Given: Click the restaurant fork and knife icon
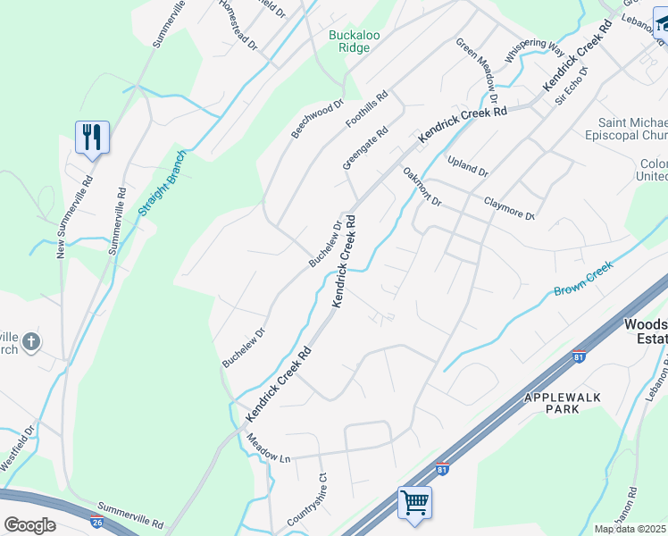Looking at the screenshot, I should coord(92,137).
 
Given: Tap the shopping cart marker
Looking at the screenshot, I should coord(414,502).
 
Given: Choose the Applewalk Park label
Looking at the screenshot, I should coord(564,402).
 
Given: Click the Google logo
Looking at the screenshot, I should coord(29,525).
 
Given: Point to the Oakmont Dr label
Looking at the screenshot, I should coord(422,187).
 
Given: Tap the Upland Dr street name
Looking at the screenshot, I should coord(468,165).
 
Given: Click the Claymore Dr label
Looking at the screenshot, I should coord(509,209).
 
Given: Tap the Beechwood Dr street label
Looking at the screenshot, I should coord(317,120).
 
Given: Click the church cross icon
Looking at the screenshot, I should coord(31,341).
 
